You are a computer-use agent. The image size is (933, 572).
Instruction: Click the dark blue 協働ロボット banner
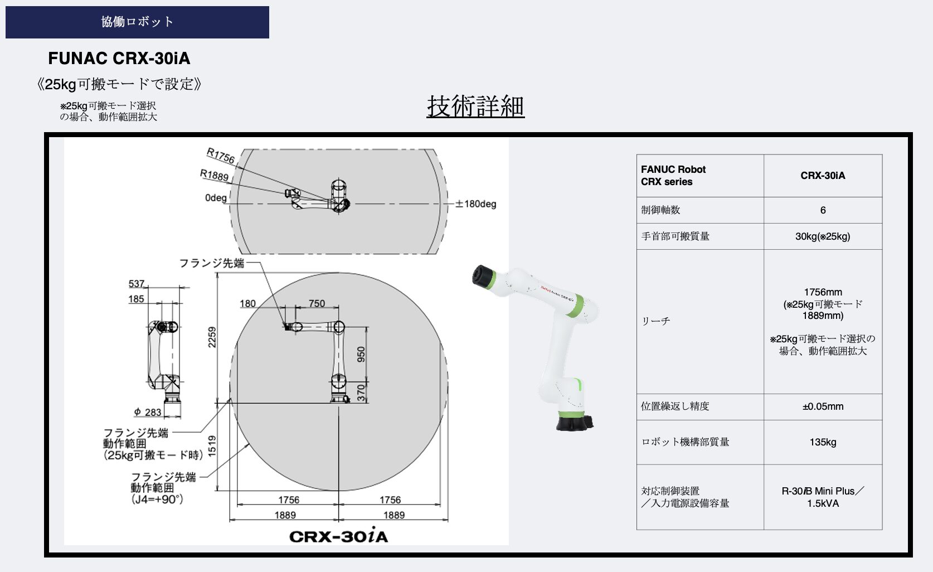coord(137,22)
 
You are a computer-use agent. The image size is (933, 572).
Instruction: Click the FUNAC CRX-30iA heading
coord(119,59)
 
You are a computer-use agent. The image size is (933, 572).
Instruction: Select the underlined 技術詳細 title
coord(475,106)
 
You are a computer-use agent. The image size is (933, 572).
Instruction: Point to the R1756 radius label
coord(221,156)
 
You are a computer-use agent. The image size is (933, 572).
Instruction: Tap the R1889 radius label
coord(214,175)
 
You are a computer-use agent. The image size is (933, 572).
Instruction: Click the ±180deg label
coord(475,203)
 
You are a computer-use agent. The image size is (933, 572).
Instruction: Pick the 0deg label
coord(216,197)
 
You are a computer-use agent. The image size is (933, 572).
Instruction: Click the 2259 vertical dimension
coord(212,337)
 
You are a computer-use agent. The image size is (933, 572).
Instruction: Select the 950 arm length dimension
coord(361,354)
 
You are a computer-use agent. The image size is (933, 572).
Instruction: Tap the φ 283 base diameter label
coord(148,412)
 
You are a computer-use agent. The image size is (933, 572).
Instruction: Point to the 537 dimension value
coord(136,284)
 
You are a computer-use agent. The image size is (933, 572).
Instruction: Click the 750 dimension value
coord(317,303)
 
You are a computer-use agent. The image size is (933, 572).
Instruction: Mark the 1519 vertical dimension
coord(212,446)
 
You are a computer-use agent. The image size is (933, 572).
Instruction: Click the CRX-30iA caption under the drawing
coord(339,535)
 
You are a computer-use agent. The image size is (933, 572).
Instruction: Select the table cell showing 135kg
coord(823,442)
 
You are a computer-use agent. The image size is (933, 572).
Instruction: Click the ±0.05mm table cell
coord(823,406)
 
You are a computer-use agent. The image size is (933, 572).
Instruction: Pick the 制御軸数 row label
coord(660,210)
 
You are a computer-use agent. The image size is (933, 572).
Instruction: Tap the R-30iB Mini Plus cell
coord(823,497)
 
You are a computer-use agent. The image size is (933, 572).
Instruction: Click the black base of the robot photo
coord(575,421)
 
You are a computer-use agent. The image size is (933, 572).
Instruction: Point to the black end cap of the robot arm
coord(483,277)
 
